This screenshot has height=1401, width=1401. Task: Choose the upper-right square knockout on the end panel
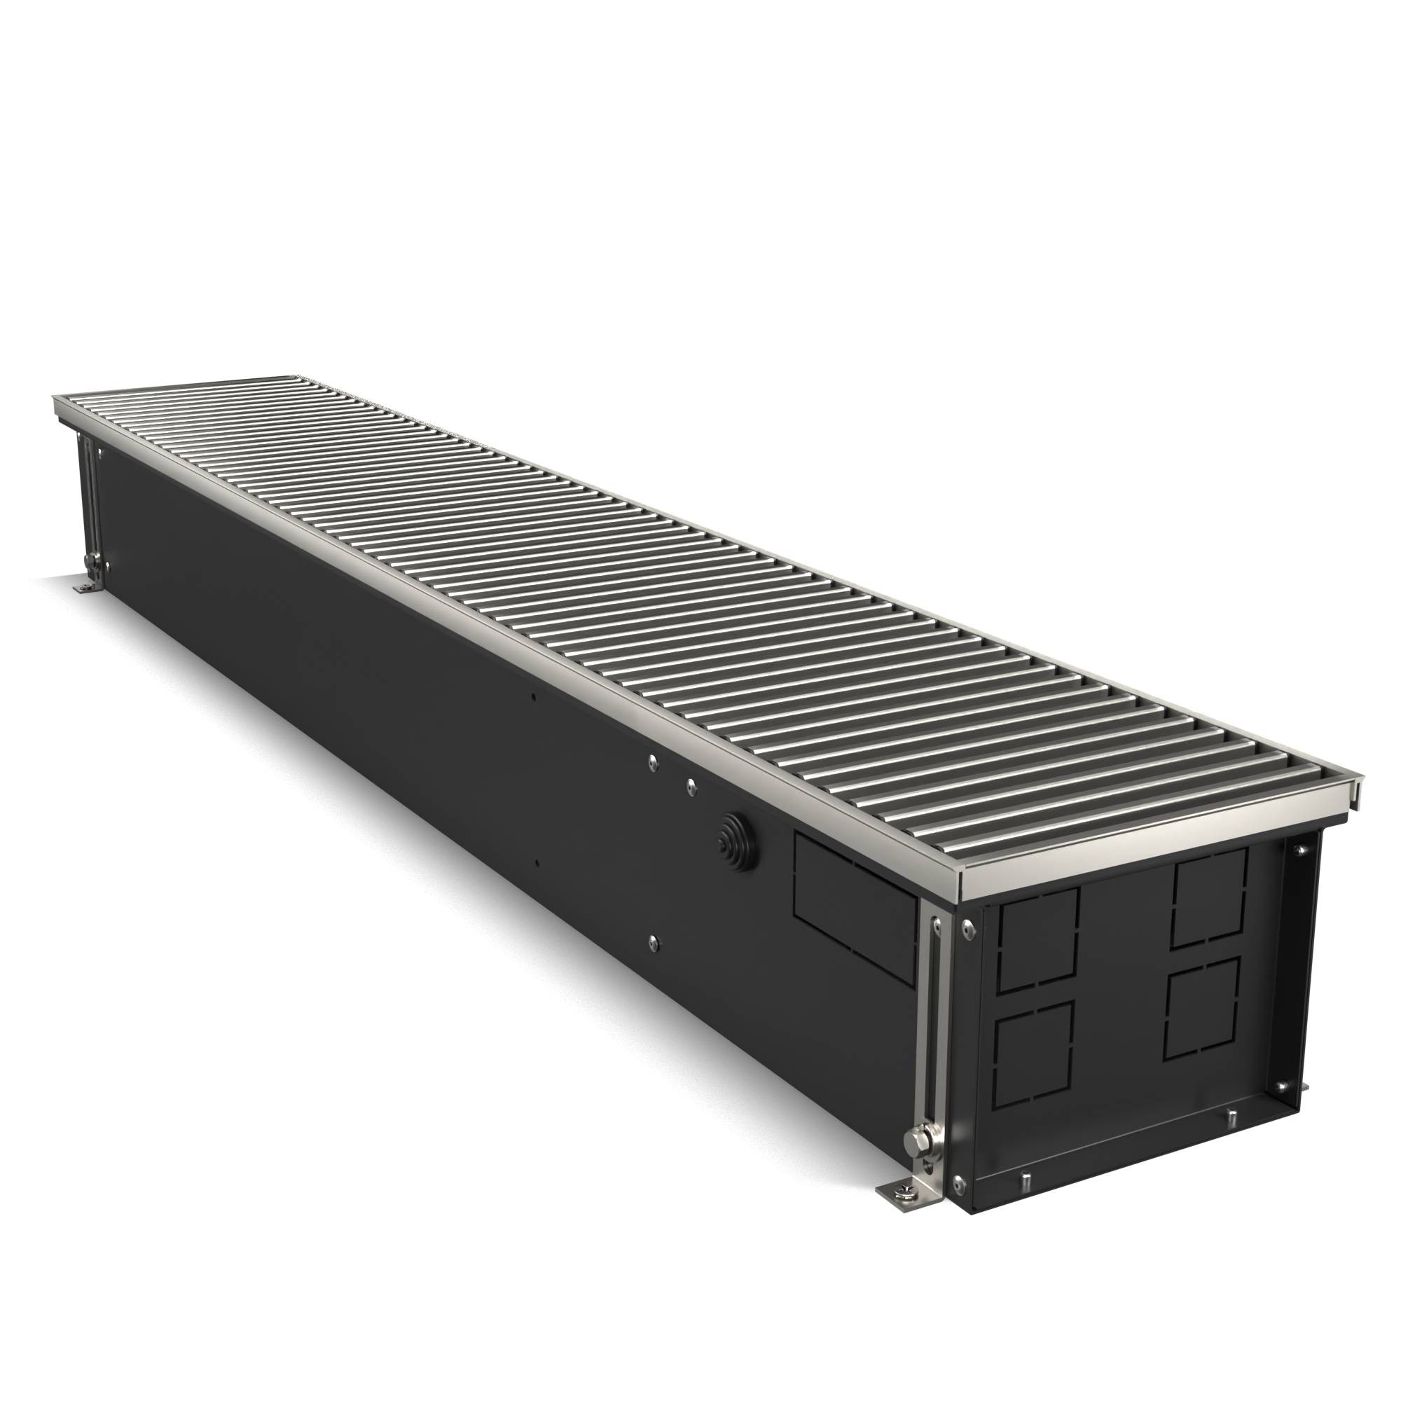[1209, 898]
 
